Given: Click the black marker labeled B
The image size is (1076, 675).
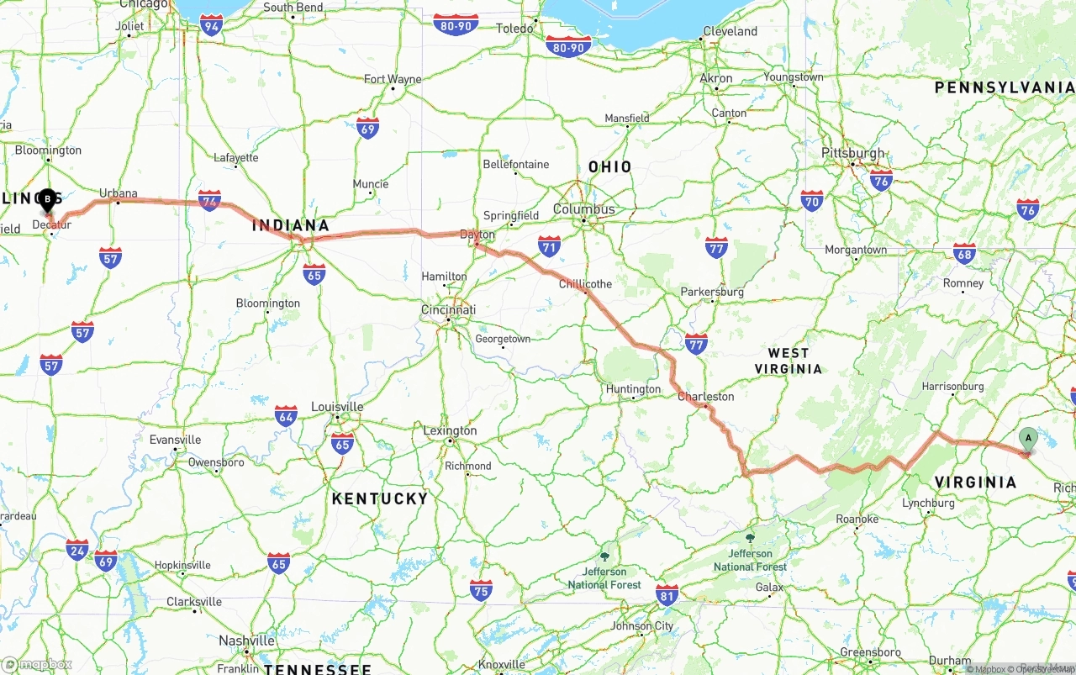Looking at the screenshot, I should pos(47,200).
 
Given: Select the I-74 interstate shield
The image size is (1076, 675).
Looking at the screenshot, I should pos(210,200).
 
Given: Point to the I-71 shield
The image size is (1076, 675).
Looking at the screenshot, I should pos(549,245).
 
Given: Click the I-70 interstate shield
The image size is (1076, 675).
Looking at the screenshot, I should pos(812,200).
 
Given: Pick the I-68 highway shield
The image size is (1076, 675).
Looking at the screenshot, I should pos(965,254).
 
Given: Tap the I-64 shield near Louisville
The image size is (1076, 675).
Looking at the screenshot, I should pos(286,415).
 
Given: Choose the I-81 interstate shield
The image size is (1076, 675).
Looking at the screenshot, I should pos(667,595).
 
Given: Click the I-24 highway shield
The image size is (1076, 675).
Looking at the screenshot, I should pos(77,550).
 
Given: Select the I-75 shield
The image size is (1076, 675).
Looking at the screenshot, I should pos(481,590).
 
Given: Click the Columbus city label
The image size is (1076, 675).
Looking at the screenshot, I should pos(584,209).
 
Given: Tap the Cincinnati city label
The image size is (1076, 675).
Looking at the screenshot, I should pos(448,309).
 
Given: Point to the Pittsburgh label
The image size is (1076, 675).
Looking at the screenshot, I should pos(853,153).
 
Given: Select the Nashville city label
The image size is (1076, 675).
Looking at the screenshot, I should pos(247,641).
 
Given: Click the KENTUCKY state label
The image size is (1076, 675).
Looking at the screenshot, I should pos(380,498).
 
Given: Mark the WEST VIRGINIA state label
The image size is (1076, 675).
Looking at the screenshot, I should pos(788,361).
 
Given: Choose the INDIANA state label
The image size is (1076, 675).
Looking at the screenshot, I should pos(291,225).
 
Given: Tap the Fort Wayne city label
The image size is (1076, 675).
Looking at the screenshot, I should pos(393,80).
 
